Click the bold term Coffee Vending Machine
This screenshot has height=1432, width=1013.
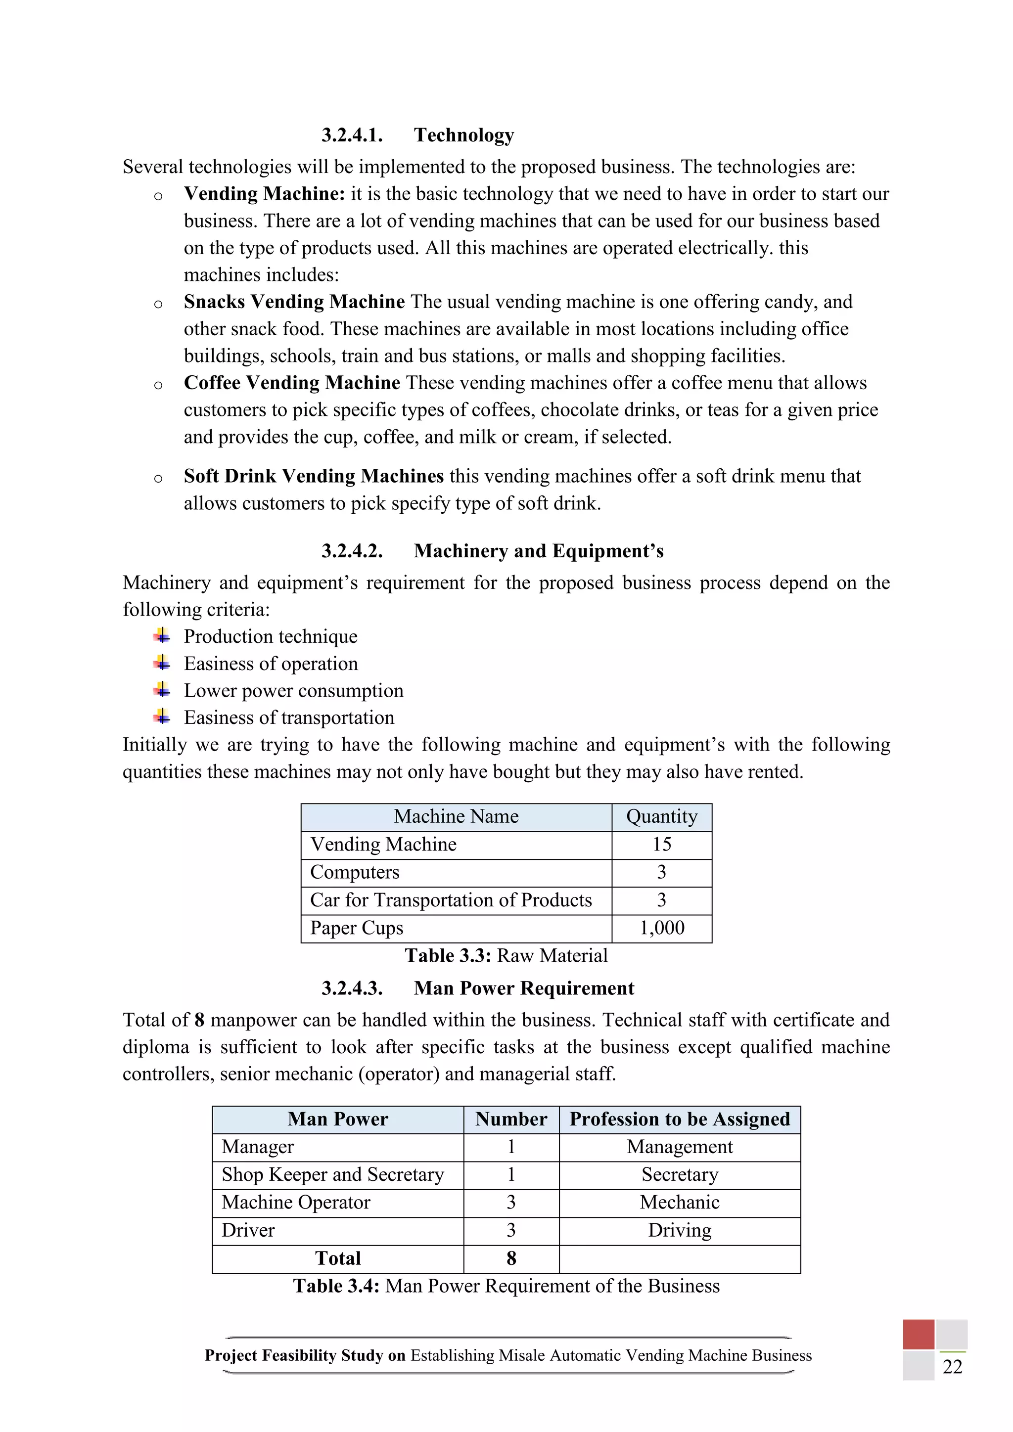click(291, 382)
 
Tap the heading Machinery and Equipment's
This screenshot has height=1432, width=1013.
click(538, 551)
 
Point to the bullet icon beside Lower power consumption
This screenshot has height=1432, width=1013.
click(162, 690)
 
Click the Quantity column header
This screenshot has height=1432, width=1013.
click(661, 816)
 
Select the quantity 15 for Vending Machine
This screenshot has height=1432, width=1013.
click(661, 845)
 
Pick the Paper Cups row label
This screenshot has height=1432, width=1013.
click(356, 928)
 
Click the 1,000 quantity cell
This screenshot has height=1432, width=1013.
click(661, 928)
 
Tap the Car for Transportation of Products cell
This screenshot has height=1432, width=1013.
click(451, 900)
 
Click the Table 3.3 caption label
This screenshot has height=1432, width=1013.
click(448, 955)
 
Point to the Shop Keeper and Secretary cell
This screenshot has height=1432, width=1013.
click(332, 1174)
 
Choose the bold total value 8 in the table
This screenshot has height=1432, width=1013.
click(511, 1258)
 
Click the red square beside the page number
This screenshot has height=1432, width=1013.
click(918, 1335)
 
